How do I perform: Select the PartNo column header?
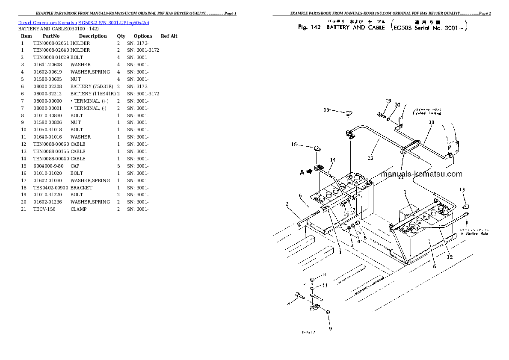(x=51, y=36)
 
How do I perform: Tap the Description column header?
(x=92, y=36)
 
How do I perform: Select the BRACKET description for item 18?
(x=81, y=188)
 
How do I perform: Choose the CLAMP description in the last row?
(x=78, y=210)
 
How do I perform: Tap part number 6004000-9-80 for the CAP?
(x=48, y=166)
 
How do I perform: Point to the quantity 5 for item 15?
(x=118, y=166)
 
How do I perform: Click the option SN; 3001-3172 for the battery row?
(x=143, y=94)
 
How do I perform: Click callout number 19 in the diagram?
(x=388, y=101)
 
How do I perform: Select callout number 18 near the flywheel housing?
(x=431, y=122)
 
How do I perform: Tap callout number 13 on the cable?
(x=370, y=158)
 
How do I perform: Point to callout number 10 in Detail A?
(x=324, y=274)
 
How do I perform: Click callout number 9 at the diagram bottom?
(x=330, y=328)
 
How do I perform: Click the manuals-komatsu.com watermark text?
(x=421, y=174)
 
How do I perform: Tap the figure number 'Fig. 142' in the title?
(x=309, y=27)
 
